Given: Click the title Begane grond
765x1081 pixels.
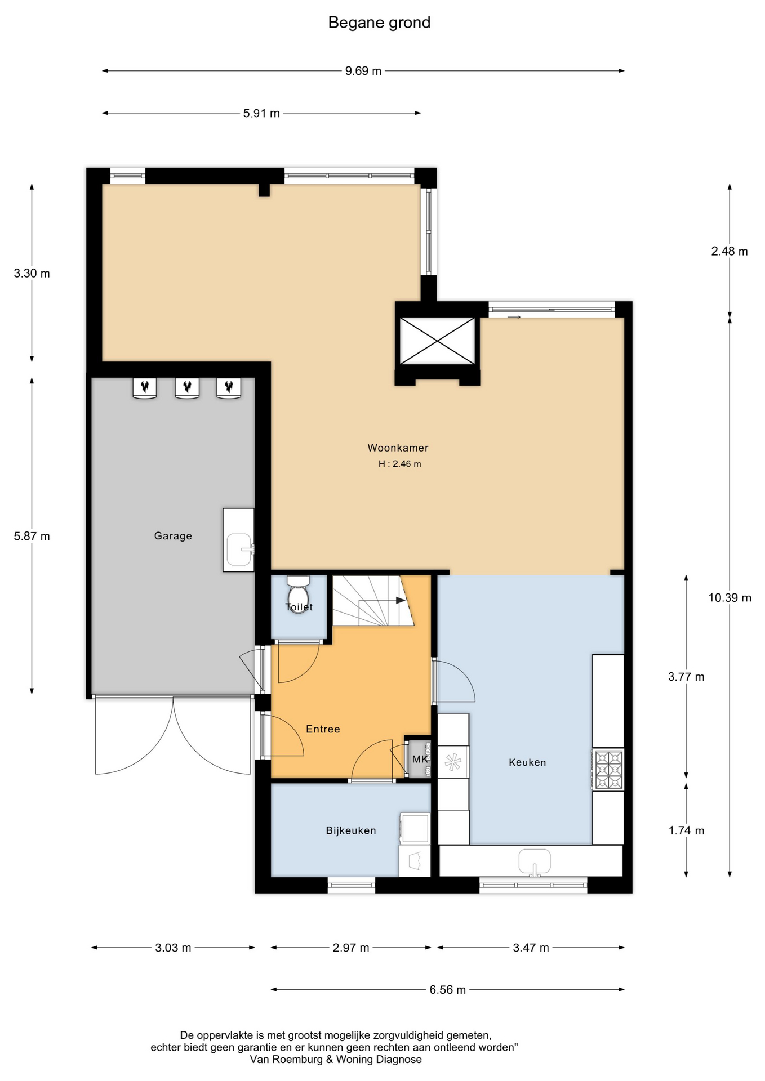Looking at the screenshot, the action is point(379,23).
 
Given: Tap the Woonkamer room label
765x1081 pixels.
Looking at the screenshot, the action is point(398,448).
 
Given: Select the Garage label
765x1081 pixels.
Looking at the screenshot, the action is point(173,536).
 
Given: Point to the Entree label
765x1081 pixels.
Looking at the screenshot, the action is point(323,729).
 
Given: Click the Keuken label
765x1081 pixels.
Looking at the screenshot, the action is point(527,762).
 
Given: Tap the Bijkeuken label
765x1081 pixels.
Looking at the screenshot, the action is point(351,830).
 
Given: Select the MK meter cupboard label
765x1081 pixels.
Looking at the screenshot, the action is point(420,759).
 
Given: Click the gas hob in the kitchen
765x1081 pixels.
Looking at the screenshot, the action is point(608,770).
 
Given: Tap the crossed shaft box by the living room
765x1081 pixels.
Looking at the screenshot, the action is point(437,341).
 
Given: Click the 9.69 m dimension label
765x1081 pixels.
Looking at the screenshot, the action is point(363,71).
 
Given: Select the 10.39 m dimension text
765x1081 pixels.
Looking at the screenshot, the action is point(730,598).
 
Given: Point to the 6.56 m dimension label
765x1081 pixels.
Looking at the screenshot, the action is point(448,990).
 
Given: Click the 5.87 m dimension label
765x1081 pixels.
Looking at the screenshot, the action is point(32,537).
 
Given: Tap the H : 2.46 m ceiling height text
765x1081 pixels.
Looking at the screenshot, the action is point(400,464).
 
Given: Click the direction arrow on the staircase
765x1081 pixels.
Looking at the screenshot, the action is point(401,600).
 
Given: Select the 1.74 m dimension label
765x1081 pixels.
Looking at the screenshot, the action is point(687,830).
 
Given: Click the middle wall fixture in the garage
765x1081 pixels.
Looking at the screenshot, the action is point(187,388).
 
